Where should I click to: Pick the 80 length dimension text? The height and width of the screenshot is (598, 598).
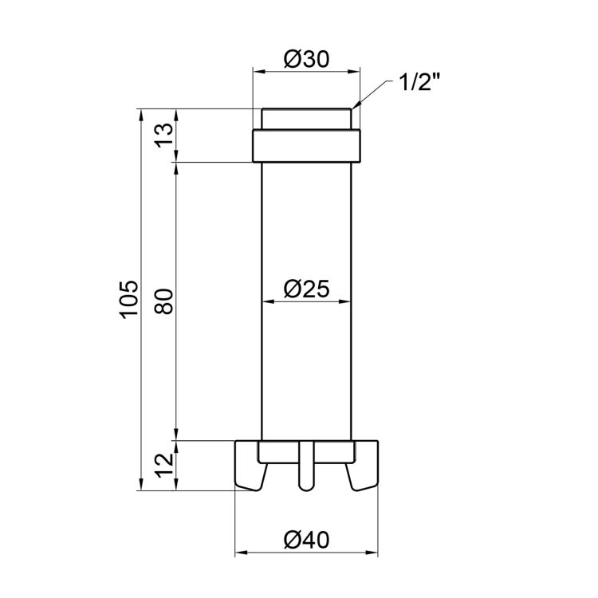pyautogui.click(x=163, y=301)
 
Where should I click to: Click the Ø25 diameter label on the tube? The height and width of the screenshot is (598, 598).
pyautogui.click(x=306, y=289)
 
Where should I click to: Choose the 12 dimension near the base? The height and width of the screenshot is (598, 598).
pyautogui.click(x=163, y=465)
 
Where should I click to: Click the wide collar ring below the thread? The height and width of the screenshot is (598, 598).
pyautogui.click(x=306, y=146)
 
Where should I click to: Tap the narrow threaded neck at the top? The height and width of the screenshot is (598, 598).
pyautogui.click(x=306, y=119)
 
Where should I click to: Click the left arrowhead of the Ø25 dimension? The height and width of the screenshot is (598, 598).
pyautogui.click(x=267, y=301)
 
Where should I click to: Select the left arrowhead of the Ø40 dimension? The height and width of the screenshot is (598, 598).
pyautogui.click(x=240, y=552)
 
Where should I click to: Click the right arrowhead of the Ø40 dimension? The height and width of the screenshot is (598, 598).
pyautogui.click(x=372, y=552)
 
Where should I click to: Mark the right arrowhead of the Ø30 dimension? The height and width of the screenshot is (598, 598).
pyautogui.click(x=355, y=70)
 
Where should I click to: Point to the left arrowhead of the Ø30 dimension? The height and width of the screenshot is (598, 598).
pyautogui.click(x=258, y=70)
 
